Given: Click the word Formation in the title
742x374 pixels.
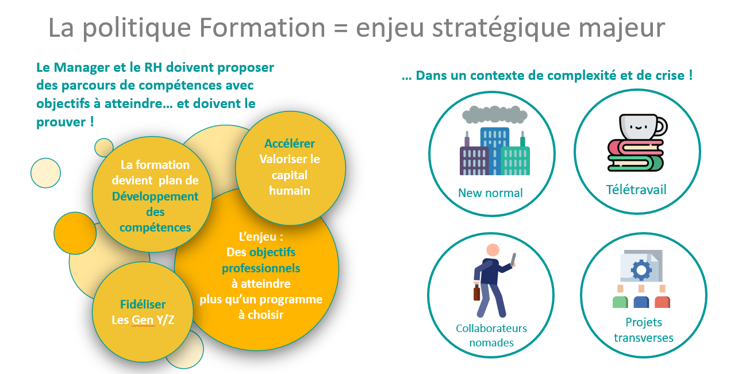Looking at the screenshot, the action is tap(262, 28).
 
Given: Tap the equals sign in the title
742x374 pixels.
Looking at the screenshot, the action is tap(340, 29).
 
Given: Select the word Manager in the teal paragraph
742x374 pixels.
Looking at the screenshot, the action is tap(82, 68).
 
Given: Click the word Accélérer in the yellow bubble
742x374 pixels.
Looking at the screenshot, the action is tap(290, 143).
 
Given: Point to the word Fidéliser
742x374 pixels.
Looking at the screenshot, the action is tap(143, 304).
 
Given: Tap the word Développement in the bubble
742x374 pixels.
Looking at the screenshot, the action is tap(155, 196).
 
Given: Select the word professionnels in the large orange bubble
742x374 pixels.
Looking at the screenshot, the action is tap(261, 268).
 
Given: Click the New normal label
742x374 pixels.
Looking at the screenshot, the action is tap(490, 193).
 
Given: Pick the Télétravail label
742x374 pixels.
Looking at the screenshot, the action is tap(636, 190).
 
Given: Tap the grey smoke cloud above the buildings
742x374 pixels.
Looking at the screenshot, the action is tap(494, 114).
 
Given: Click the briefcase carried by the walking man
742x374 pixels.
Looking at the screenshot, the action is tap(476, 293).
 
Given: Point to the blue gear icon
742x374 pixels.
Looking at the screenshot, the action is tap(641, 270).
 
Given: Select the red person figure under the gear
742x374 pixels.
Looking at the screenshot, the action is tap(662, 297).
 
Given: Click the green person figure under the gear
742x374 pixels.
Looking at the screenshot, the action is tap(620, 297).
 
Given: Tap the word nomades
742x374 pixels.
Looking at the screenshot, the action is tap(491, 343).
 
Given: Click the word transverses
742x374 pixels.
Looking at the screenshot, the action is tap(644, 338).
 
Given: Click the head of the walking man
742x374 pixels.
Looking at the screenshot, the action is tap(493, 250).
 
